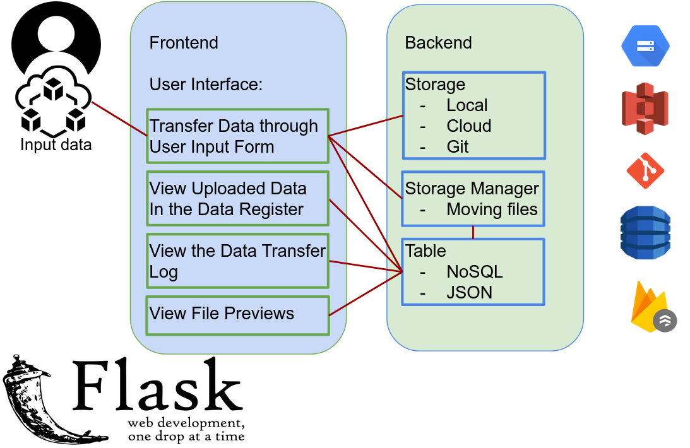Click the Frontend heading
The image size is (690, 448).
pyautogui.click(x=184, y=43)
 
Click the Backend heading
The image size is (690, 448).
pyautogui.click(x=438, y=43)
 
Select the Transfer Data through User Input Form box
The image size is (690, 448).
pyautogui.click(x=237, y=136)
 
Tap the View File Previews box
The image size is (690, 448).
pyautogui.click(x=237, y=315)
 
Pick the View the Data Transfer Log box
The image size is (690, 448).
pyautogui.click(x=237, y=261)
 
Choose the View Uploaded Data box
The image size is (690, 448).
pyautogui.click(x=237, y=198)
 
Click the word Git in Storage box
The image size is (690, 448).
pyautogui.click(x=458, y=146)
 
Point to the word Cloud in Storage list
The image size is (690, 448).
pyautogui.click(x=468, y=126)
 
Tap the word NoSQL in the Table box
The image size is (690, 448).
pyautogui.click(x=474, y=272)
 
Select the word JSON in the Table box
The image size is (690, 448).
pyautogui.click(x=469, y=292)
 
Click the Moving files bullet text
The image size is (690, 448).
pyautogui.click(x=492, y=209)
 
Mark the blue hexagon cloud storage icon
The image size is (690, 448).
pyautogui.click(x=645, y=46)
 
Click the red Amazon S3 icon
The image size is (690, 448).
pyautogui.click(x=645, y=109)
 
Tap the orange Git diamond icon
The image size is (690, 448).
pyautogui.click(x=645, y=170)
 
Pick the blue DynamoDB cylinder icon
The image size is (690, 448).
pyautogui.click(x=645, y=233)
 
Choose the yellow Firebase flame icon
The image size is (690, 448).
pyautogui.click(x=648, y=307)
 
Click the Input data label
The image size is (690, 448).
pyautogui.click(x=56, y=144)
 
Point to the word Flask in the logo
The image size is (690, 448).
pyautogui.click(x=158, y=384)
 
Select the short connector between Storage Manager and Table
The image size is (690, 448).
pyautogui.click(x=473, y=232)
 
